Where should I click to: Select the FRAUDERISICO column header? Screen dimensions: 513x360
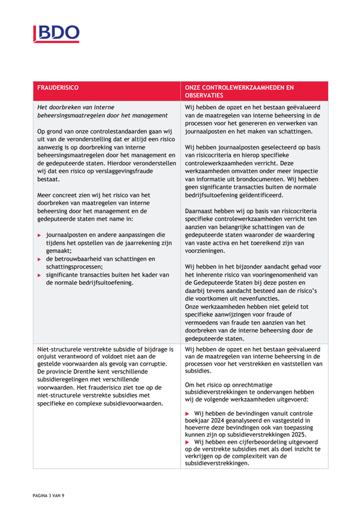[x=58, y=87]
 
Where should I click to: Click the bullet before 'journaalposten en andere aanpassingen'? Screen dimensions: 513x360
[x=39, y=235]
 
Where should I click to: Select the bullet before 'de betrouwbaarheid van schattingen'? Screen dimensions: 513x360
[x=39, y=259]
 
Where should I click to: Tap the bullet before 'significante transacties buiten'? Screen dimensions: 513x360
[x=39, y=275]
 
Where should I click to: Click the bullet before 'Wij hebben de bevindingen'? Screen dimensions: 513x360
[x=188, y=412]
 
